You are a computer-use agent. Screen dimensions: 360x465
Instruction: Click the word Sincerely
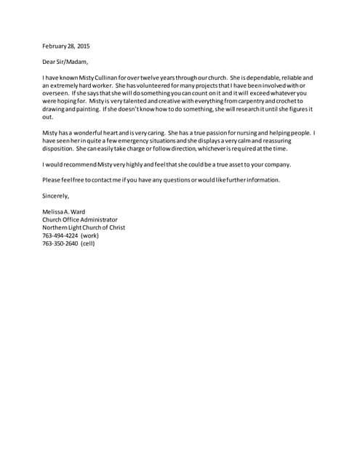(x=56, y=195)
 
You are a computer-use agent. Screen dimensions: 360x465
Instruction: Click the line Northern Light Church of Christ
(x=84, y=227)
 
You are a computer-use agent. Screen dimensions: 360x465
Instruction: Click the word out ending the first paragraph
(x=47, y=116)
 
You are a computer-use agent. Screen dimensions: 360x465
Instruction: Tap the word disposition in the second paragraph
(x=59, y=149)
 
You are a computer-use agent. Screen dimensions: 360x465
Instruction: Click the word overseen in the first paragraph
(x=56, y=93)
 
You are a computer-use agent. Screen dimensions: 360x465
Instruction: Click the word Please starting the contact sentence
(x=53, y=179)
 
